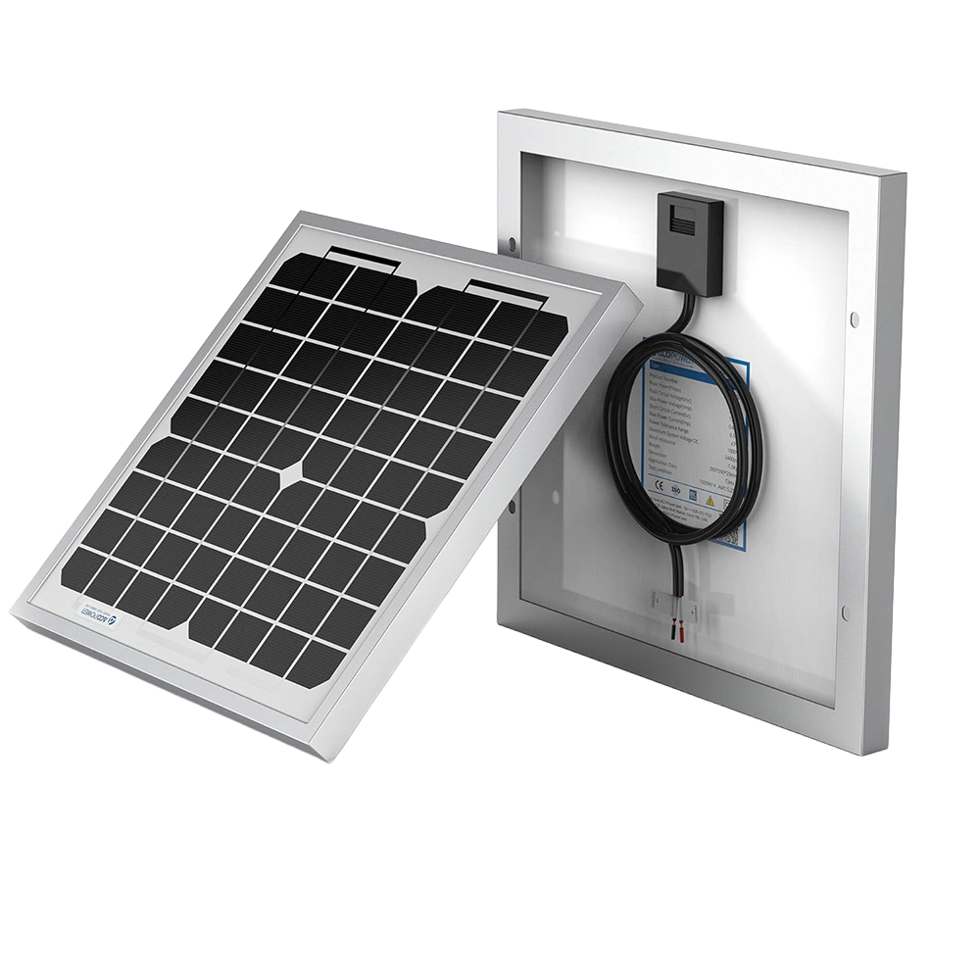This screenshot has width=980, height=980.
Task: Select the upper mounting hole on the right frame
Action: click(855, 319)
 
